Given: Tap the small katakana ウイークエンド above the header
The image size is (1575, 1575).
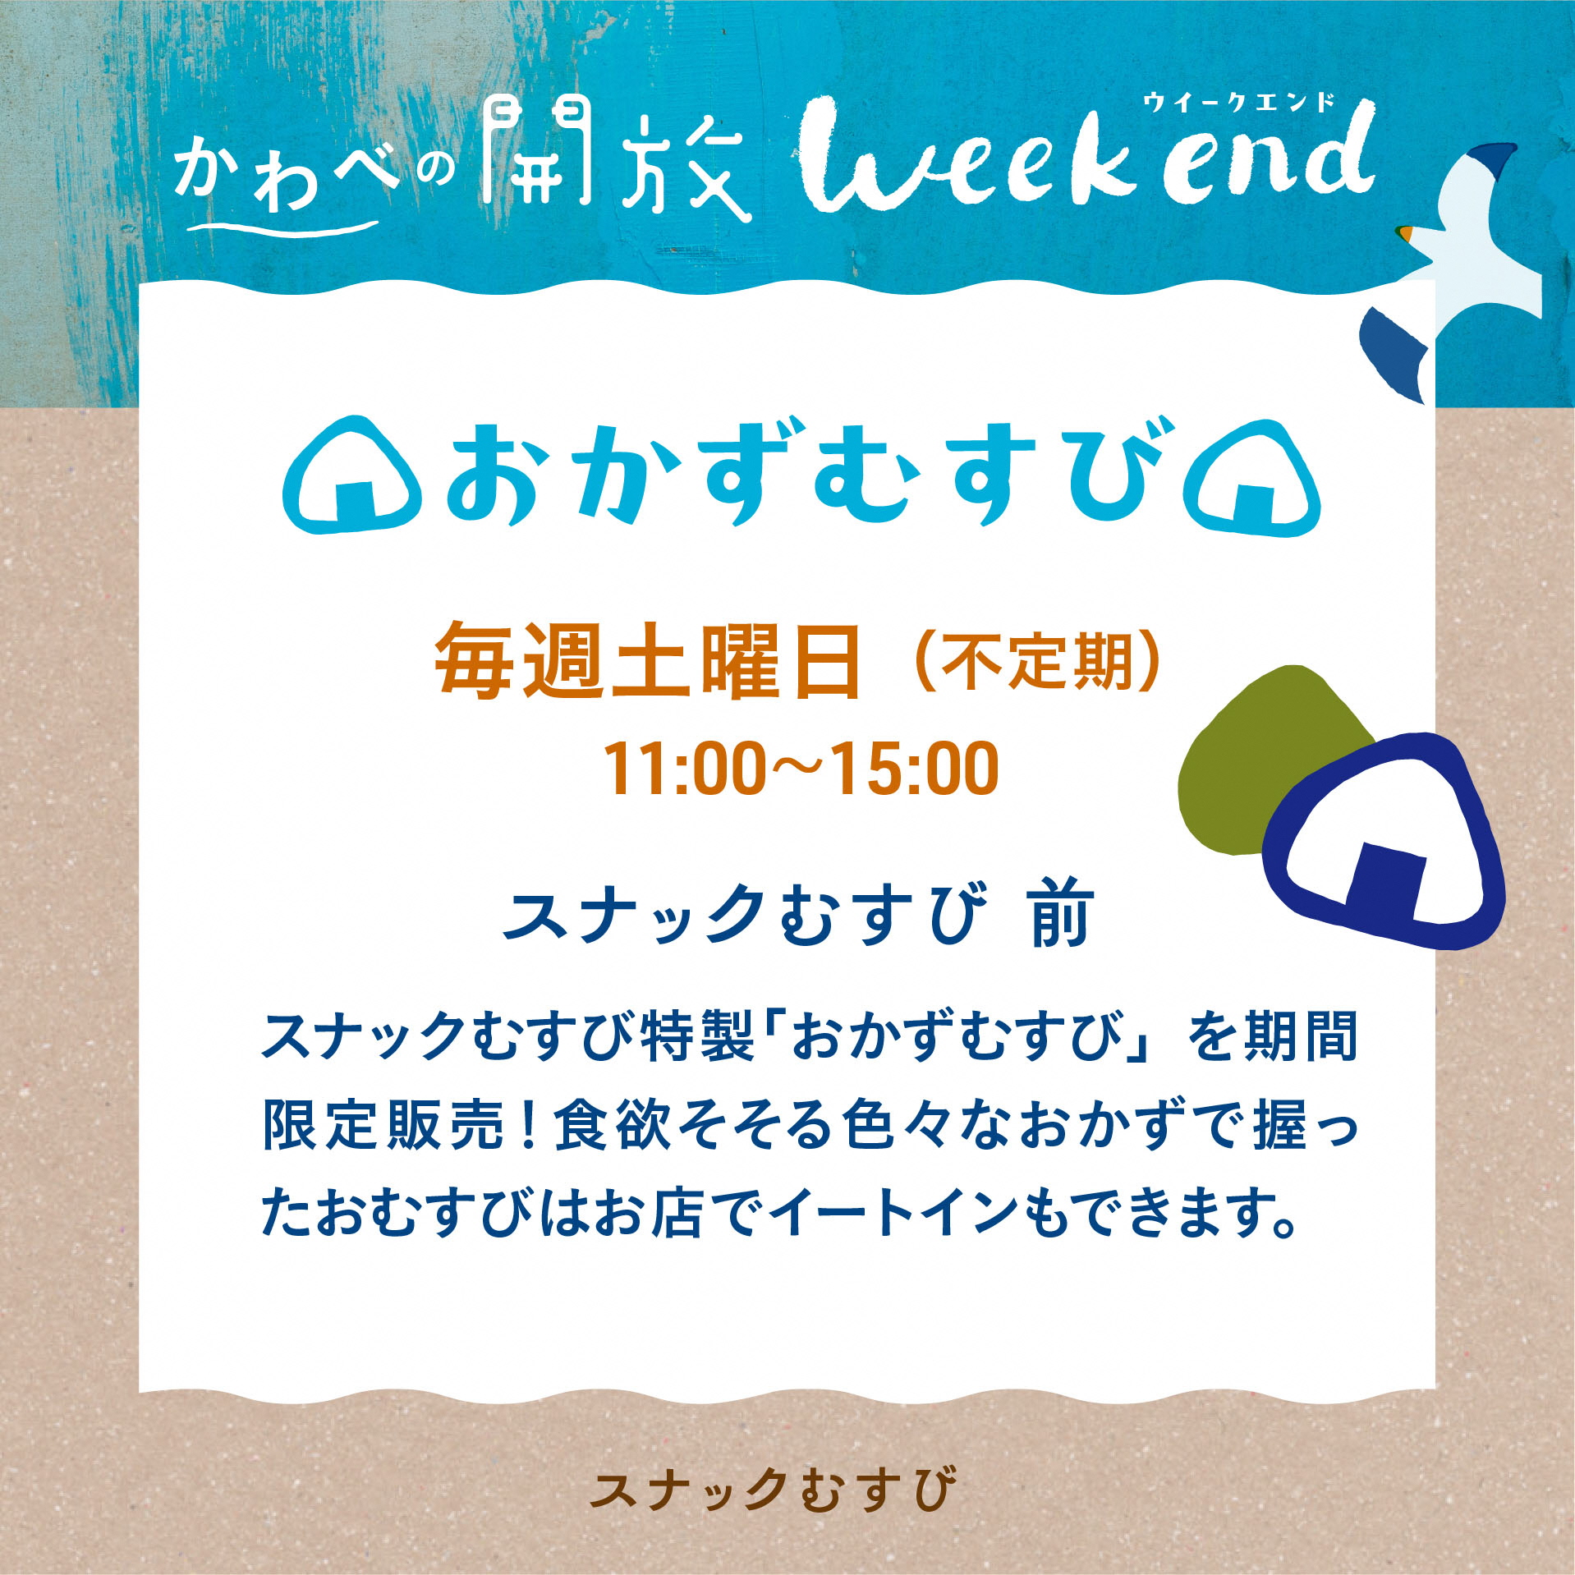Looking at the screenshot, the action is pyautogui.click(x=1239, y=103).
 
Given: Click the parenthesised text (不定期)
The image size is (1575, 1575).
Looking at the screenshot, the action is pyautogui.click(x=1038, y=664).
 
